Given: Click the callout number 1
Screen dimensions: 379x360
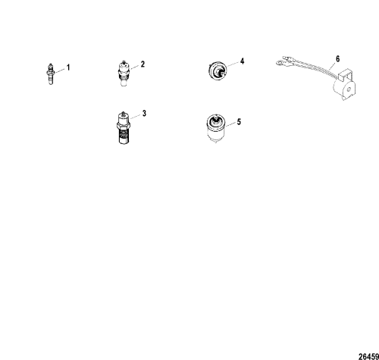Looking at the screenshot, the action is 68,67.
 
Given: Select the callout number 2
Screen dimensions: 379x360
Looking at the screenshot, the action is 143,64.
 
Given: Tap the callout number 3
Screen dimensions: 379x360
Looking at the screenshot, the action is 144,114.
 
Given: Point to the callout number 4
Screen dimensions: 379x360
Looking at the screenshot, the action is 242,61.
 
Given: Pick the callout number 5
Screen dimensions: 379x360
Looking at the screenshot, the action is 239,122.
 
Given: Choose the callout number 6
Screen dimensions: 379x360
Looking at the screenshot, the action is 338,59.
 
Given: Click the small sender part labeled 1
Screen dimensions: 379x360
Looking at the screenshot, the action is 51,74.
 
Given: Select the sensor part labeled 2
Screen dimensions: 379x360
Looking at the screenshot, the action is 124,74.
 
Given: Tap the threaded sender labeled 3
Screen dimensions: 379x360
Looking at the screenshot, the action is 124,127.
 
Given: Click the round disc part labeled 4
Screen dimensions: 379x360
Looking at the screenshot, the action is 217,70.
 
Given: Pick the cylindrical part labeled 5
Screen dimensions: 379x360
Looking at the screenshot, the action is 215,129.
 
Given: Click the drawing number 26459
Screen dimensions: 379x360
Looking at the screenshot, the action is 369,356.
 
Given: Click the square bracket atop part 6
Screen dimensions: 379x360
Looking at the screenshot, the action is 346,75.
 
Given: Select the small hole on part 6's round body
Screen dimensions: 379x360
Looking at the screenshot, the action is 349,89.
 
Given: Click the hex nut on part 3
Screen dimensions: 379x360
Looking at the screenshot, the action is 124,126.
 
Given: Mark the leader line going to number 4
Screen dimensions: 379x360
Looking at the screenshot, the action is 233,64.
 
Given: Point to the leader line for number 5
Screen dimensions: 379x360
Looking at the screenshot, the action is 230,125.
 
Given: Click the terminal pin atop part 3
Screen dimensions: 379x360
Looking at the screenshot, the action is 123,112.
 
